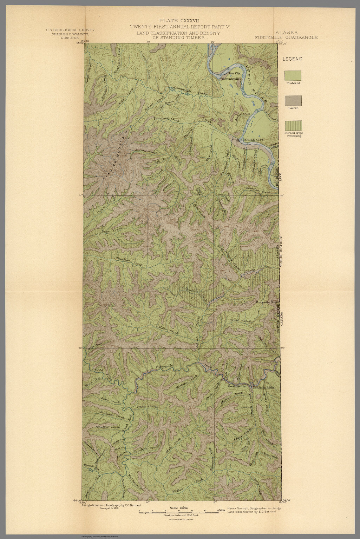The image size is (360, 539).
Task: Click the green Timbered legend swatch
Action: [293, 75]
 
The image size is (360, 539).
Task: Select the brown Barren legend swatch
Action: [293, 101]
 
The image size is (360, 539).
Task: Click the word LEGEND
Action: [293, 59]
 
